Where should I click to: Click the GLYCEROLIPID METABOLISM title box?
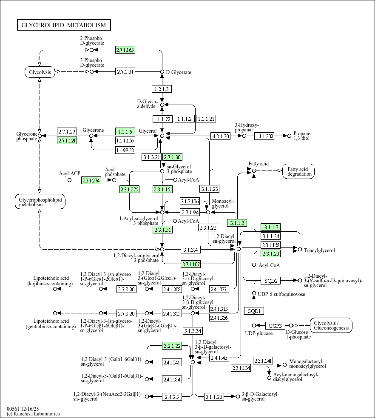coord(64,25)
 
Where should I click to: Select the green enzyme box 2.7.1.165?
coord(125,50)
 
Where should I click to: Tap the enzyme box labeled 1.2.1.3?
coord(162,89)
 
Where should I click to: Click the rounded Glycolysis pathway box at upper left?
coord(40,72)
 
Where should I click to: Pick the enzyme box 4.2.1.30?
coord(220,136)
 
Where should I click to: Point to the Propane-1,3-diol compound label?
coord(303,136)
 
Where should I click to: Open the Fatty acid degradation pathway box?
coord(300,171)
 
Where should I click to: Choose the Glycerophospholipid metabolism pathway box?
coord(40,202)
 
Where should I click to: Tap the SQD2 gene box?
coord(271,281)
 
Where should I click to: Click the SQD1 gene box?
coord(254,311)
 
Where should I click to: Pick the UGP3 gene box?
coord(275,326)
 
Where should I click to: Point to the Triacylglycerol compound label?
coord(319,250)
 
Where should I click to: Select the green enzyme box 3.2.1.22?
coord(172,346)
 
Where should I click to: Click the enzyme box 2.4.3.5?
coord(172,397)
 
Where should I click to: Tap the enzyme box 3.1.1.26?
coord(214,397)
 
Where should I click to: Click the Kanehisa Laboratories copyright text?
coord(33,414)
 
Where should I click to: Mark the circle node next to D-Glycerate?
coord(162,72)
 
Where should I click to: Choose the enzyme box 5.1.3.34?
coord(193,331)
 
